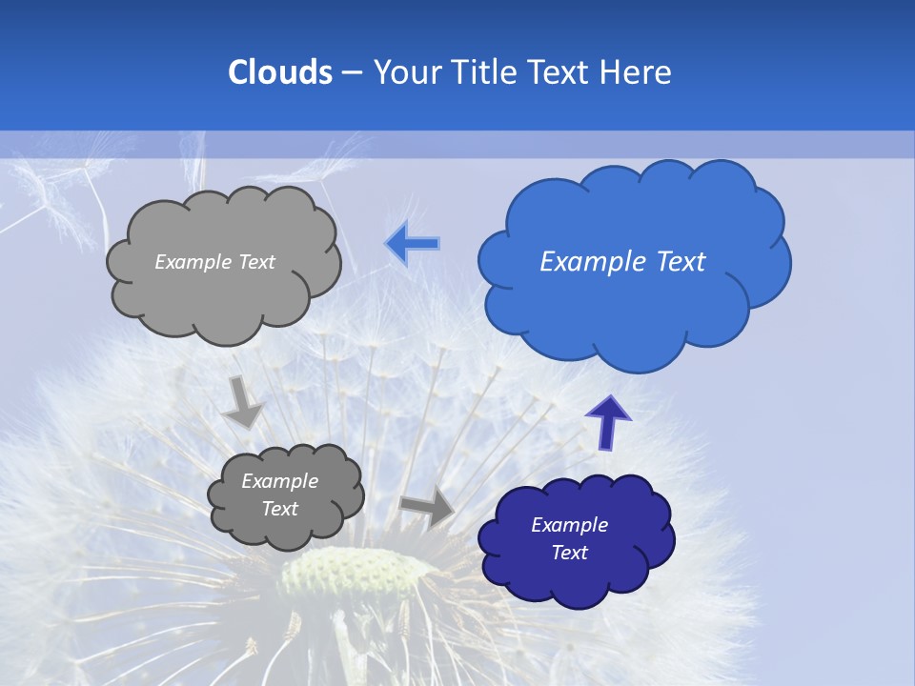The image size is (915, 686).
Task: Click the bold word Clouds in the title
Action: (x=280, y=72)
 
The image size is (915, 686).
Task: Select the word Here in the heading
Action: (x=635, y=72)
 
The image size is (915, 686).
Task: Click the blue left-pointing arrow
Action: (x=413, y=244)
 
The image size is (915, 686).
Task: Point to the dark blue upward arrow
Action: (x=607, y=421)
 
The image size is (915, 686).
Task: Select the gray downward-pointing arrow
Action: (x=242, y=402)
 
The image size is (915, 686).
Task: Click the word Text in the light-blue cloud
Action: (x=681, y=262)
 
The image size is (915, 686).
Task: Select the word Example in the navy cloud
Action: (x=569, y=525)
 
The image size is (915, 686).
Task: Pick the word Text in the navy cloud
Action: (x=569, y=553)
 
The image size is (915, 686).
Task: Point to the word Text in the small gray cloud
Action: (x=279, y=509)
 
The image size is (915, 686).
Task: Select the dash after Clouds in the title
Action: (x=352, y=73)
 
